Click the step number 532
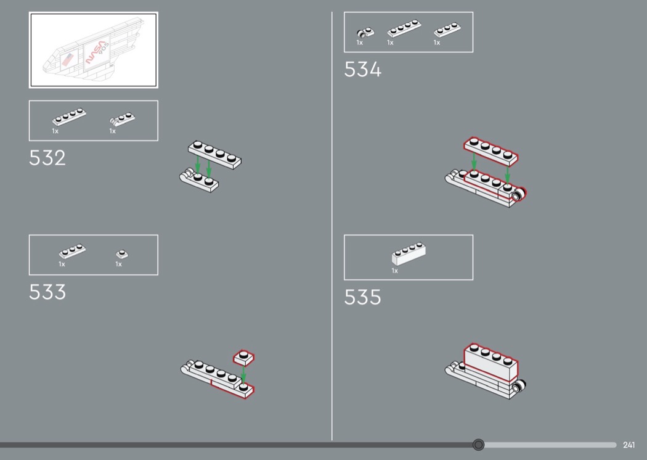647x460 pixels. (x=47, y=158)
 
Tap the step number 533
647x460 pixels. (x=47, y=292)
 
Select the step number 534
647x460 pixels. (x=363, y=69)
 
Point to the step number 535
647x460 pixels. (x=363, y=297)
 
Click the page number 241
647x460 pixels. (x=629, y=445)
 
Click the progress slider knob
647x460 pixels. (x=478, y=445)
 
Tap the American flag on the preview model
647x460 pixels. (x=67, y=59)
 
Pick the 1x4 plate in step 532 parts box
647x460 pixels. (x=69, y=117)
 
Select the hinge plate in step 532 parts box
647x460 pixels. (x=122, y=119)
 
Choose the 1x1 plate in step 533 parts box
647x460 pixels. (x=122, y=254)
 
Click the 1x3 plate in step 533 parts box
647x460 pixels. (x=72, y=251)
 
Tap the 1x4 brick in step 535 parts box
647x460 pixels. (x=409, y=253)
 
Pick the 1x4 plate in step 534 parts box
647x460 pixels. (x=404, y=28)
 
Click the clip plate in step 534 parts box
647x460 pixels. (x=365, y=33)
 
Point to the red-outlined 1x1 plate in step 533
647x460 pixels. (x=244, y=358)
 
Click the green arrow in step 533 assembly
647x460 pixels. (x=243, y=374)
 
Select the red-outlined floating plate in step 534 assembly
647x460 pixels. (x=490, y=151)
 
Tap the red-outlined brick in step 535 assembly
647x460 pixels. (x=490, y=362)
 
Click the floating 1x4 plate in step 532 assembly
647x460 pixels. (x=214, y=154)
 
